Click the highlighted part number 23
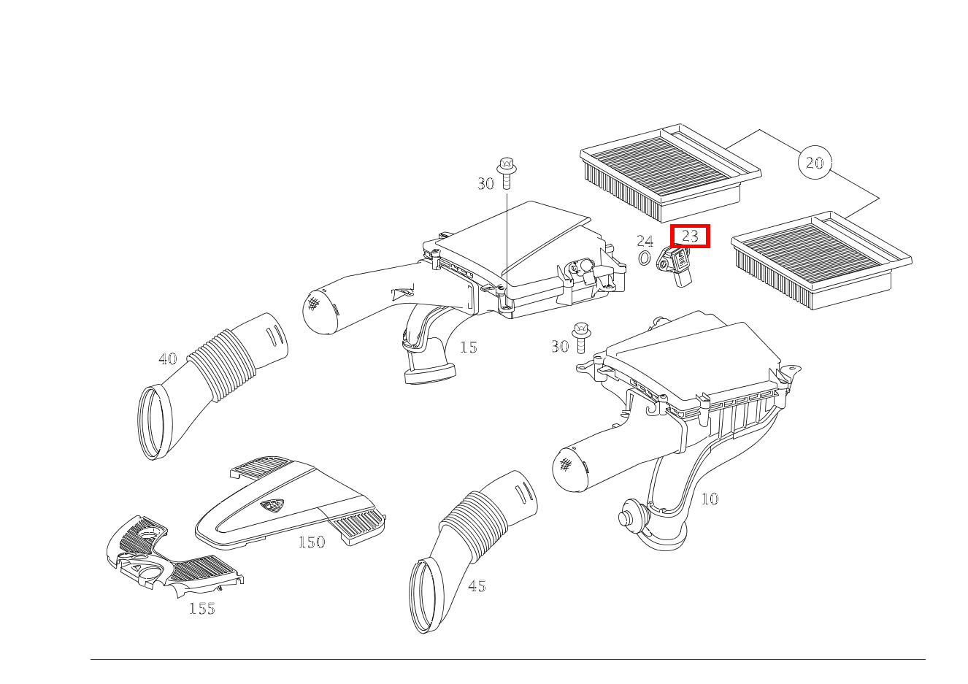point(690,236)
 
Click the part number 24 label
point(644,241)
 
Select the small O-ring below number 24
point(645,258)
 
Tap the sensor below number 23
point(676,264)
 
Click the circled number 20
point(815,162)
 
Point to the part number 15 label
point(468,347)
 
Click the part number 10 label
point(710,499)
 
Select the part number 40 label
point(167,359)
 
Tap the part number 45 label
point(477,586)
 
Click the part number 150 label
point(312,542)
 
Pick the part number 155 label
point(202,609)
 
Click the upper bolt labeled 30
point(507,169)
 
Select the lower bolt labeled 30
point(581,334)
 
